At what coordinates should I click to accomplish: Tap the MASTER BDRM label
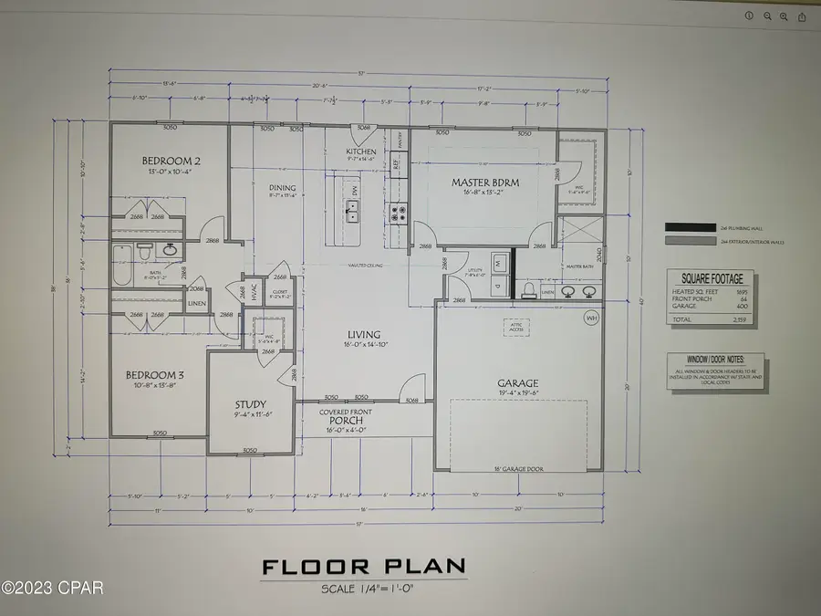(x=485, y=183)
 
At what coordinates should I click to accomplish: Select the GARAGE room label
(x=517, y=383)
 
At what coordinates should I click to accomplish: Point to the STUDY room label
(x=249, y=403)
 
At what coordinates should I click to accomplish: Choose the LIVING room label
(x=362, y=335)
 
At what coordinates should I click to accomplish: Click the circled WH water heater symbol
(x=591, y=317)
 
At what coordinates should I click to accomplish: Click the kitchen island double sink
(x=351, y=214)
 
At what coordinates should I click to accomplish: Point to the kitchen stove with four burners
(x=400, y=214)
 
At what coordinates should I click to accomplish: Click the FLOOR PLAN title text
(x=363, y=567)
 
